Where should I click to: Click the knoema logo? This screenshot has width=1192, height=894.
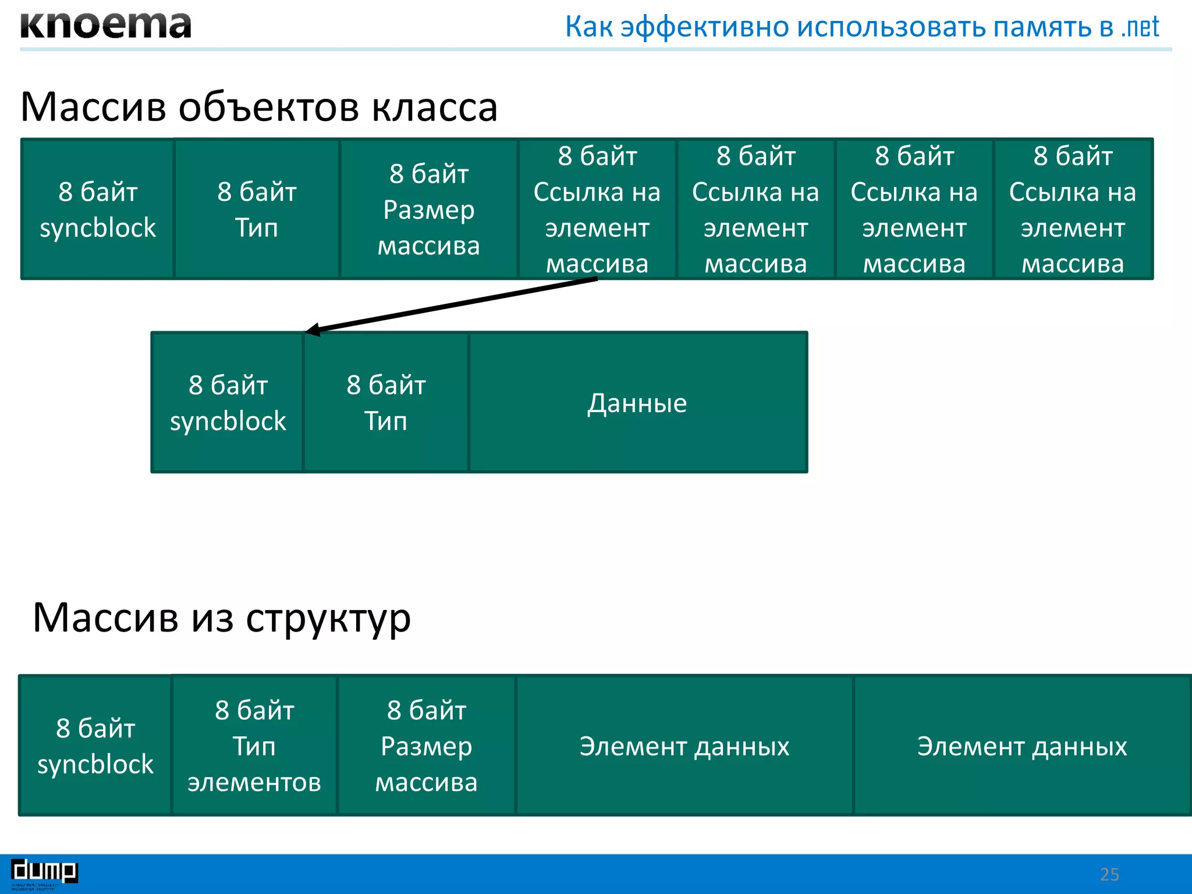tap(105, 26)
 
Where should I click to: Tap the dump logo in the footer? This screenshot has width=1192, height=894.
tap(44, 871)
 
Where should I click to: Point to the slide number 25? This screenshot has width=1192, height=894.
tap(1109, 874)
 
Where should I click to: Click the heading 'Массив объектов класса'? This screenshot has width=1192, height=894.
tap(259, 107)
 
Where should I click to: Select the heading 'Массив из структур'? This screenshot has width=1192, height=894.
tap(222, 618)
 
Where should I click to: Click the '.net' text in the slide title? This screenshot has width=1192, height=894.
tap(1140, 27)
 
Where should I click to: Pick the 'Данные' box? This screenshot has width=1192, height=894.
tap(638, 403)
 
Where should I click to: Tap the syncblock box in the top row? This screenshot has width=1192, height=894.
tap(98, 210)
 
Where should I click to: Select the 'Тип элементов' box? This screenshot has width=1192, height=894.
tap(254, 746)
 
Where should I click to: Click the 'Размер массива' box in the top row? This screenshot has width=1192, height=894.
tap(429, 210)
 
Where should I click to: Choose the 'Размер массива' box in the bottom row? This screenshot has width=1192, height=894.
tap(427, 746)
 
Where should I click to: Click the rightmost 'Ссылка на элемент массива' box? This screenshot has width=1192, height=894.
tap(1073, 210)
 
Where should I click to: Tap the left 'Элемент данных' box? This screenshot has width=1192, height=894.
tap(684, 746)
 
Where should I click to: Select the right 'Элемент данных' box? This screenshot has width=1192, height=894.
tap(1022, 746)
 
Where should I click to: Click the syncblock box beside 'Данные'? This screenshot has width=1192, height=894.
tap(228, 403)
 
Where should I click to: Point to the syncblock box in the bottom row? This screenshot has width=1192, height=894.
tap(95, 746)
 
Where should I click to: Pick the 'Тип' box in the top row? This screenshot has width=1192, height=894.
tap(257, 210)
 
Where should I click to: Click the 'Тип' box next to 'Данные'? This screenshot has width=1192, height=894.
tap(386, 403)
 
